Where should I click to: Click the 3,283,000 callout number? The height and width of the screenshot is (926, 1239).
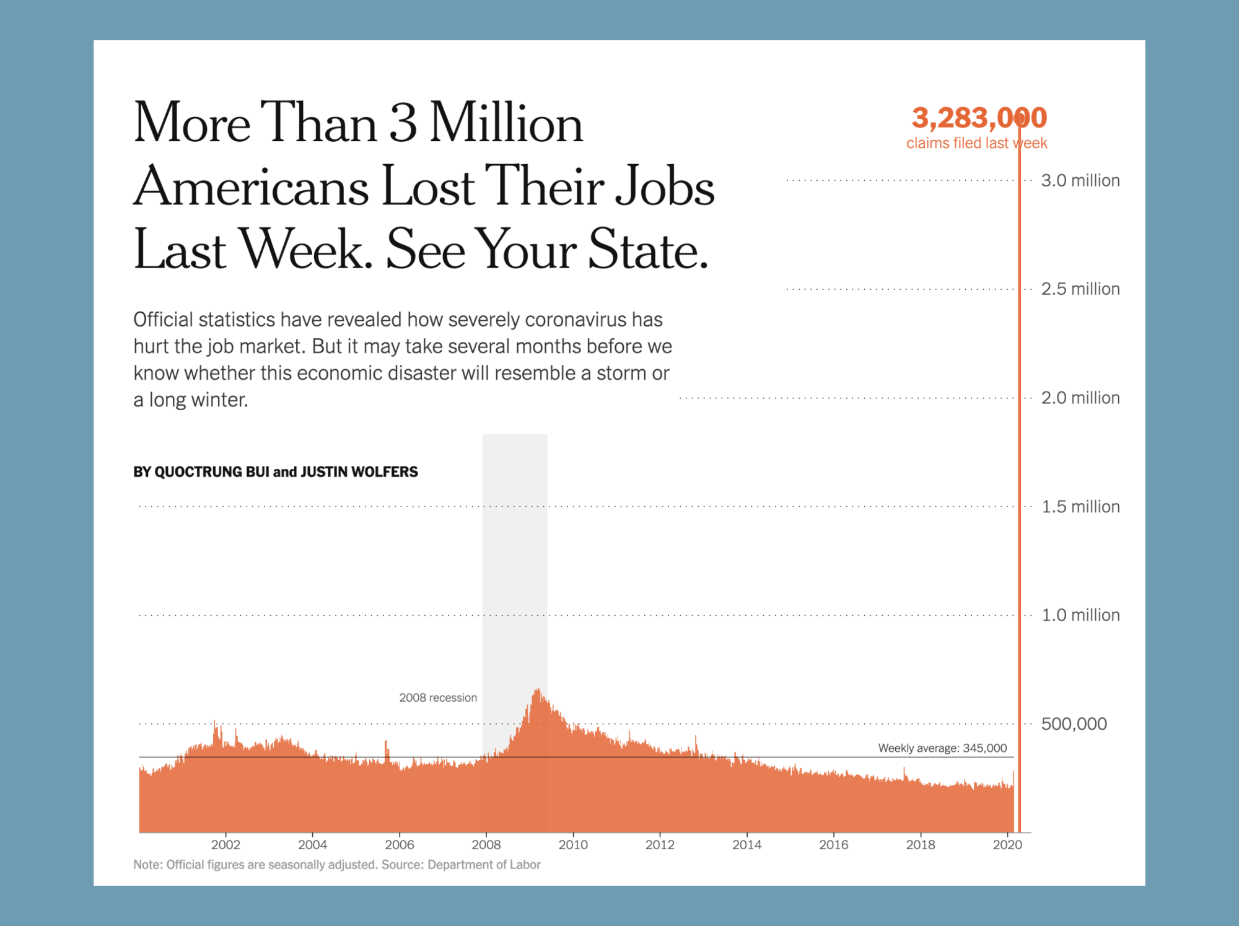click(x=979, y=118)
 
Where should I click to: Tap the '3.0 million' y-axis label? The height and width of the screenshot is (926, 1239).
click(x=1080, y=180)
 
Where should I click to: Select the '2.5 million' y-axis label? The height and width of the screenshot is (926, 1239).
click(x=1080, y=289)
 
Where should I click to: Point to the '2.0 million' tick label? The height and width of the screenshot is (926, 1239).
click(x=1080, y=398)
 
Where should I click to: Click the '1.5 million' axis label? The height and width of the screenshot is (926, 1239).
click(x=1080, y=507)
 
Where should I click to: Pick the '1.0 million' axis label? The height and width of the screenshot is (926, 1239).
click(x=1080, y=615)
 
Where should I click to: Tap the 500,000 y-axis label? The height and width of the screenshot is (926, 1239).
click(x=1074, y=723)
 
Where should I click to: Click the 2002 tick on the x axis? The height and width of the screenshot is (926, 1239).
click(x=225, y=844)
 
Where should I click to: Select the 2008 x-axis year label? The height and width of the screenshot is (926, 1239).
click(x=486, y=844)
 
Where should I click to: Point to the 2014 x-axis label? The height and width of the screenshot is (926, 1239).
click(x=746, y=844)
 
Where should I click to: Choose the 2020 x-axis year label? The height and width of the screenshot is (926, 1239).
click(x=1007, y=844)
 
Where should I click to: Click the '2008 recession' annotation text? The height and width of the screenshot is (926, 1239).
click(x=438, y=697)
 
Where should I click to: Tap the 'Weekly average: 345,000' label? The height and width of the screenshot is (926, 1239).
click(x=942, y=748)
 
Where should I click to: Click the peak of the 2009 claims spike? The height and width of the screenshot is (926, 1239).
click(x=538, y=690)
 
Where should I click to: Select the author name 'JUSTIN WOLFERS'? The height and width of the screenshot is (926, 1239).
click(x=359, y=472)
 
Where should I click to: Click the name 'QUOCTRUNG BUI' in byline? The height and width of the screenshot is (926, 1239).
click(x=201, y=472)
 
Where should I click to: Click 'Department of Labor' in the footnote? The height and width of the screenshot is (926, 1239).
click(x=484, y=865)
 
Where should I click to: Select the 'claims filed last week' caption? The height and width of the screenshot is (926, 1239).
click(x=976, y=143)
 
